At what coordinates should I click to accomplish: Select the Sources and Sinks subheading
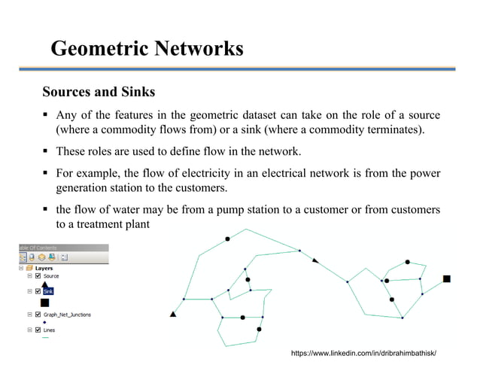click(99, 93)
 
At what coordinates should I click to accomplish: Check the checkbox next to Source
click(38, 276)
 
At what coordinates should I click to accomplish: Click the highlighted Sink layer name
click(48, 290)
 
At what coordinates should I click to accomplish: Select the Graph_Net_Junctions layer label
click(67, 315)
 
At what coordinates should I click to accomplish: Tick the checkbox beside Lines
click(38, 330)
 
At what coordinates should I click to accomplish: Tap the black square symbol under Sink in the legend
click(44, 302)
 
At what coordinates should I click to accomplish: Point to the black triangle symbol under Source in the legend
click(44, 284)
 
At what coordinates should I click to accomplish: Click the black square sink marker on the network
click(446, 278)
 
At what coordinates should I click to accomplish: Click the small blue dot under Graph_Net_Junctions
click(44, 322)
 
